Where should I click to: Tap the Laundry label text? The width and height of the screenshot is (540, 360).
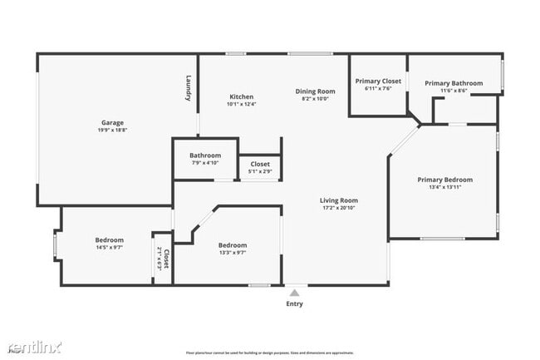(189, 90)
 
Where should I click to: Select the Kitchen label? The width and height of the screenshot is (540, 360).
(241, 96)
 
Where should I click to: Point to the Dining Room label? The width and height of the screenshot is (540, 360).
(315, 91)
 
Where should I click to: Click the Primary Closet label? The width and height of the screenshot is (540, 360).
(378, 81)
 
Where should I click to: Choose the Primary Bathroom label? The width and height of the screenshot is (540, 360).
(454, 83)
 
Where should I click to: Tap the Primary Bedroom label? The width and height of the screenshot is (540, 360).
(444, 180)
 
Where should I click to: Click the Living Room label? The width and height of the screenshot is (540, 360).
(339, 200)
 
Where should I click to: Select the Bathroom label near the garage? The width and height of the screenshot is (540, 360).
(205, 155)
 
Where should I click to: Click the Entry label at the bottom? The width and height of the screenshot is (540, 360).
(294, 303)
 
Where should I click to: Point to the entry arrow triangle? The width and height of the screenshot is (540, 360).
(294, 292)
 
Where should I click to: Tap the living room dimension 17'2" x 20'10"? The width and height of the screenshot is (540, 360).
(339, 207)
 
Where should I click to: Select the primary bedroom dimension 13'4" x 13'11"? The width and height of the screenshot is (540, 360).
(444, 187)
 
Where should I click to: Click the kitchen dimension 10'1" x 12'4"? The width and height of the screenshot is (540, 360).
(241, 104)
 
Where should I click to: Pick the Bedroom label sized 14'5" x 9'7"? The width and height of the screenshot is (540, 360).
(109, 240)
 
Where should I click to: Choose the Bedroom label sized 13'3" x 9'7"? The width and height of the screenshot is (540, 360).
(233, 244)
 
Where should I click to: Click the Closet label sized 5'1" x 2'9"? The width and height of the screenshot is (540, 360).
(260, 164)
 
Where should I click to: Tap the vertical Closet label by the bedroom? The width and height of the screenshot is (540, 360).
(166, 259)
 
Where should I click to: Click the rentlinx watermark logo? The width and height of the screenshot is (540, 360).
(35, 346)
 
